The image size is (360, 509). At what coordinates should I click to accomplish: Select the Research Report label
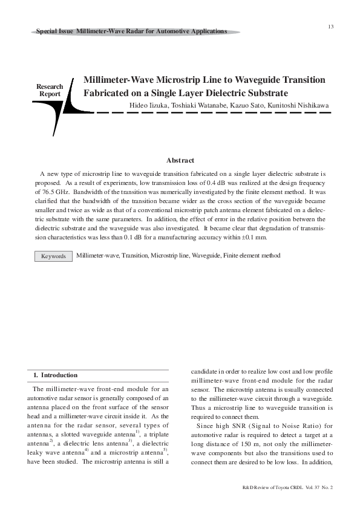click(50, 91)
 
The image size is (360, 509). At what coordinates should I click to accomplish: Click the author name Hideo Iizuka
click(149, 106)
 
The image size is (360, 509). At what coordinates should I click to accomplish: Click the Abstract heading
click(180, 160)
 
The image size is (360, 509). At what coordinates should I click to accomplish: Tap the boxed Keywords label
click(53, 256)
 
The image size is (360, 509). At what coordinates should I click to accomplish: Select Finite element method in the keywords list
click(252, 256)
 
